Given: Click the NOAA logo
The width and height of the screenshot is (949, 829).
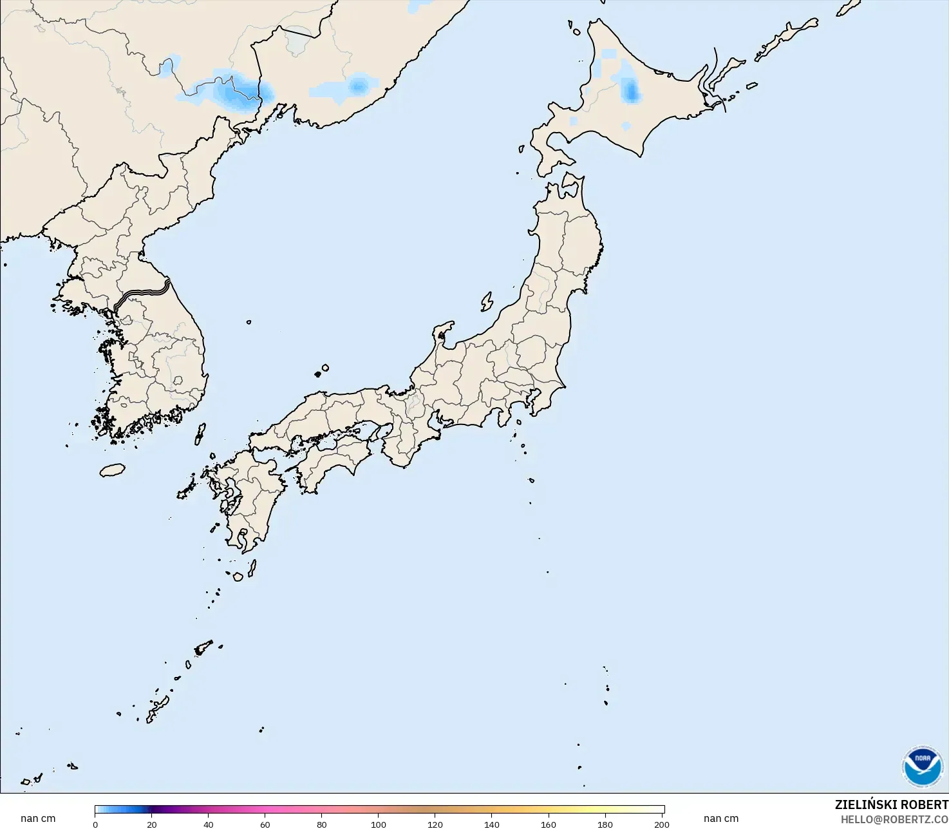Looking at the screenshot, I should click(x=922, y=767).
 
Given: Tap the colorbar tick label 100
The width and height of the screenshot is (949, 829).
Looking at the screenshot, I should click(x=379, y=824).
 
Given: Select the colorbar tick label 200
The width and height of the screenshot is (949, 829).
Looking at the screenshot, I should click(x=661, y=824).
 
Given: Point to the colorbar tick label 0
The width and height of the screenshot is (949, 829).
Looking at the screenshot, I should click(x=95, y=824).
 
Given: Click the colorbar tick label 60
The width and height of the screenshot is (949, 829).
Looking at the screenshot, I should click(x=265, y=824).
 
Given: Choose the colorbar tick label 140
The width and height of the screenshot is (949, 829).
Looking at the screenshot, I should click(x=492, y=824).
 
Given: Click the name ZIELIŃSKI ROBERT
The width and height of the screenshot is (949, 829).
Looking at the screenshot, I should click(x=891, y=805).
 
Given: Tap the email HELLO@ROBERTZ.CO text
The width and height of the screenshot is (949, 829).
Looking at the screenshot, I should click(x=894, y=819).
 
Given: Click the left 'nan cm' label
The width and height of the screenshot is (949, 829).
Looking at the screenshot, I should click(x=38, y=819).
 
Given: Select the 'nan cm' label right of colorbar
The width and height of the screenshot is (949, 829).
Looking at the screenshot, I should click(x=721, y=819).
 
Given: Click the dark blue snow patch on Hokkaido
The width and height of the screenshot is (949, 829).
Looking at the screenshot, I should click(x=631, y=92).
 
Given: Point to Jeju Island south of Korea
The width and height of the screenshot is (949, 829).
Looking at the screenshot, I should click(x=113, y=470).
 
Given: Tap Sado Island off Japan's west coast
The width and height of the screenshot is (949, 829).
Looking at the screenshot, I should click(x=487, y=301).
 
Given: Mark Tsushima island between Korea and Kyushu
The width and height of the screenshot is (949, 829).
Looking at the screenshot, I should click(x=200, y=434).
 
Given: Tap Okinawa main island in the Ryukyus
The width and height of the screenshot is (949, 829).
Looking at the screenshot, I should click(x=157, y=708).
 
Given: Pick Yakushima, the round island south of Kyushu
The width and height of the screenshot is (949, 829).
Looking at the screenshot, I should click(x=238, y=577).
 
